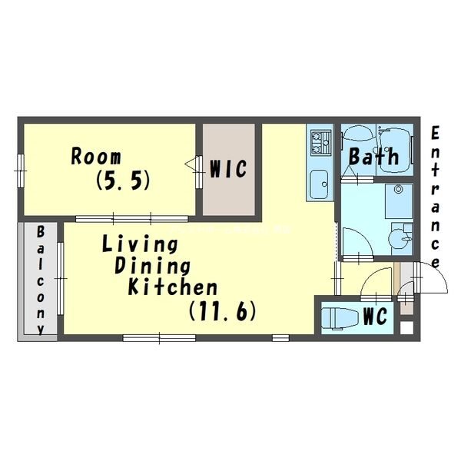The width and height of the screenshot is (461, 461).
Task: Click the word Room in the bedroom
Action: coord(96,157)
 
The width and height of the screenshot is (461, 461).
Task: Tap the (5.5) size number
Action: coord(123,180)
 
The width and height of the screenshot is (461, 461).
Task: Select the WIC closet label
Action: coord(228,169)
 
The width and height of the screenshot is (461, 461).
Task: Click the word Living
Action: coord(140,244)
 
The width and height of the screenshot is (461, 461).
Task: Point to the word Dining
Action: coord(152,267)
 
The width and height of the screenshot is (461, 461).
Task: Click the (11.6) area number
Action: coord(223,311)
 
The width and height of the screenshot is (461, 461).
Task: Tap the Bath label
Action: coord(373,156)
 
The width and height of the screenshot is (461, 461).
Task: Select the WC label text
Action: coord(375,316)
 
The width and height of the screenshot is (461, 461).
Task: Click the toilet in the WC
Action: coord(340,317)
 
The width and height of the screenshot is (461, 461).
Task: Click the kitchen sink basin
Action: coord(319,184)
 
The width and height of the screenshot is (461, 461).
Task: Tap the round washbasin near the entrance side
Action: coord(400,238)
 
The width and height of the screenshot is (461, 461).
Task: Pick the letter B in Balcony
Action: coord(40,231)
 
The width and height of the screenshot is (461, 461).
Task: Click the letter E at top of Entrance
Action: coord(435,133)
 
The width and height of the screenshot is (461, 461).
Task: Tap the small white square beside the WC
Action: coord(407,328)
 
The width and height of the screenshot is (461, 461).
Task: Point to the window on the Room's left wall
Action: coord(20,171)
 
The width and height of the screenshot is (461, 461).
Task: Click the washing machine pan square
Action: coord(399,201)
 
